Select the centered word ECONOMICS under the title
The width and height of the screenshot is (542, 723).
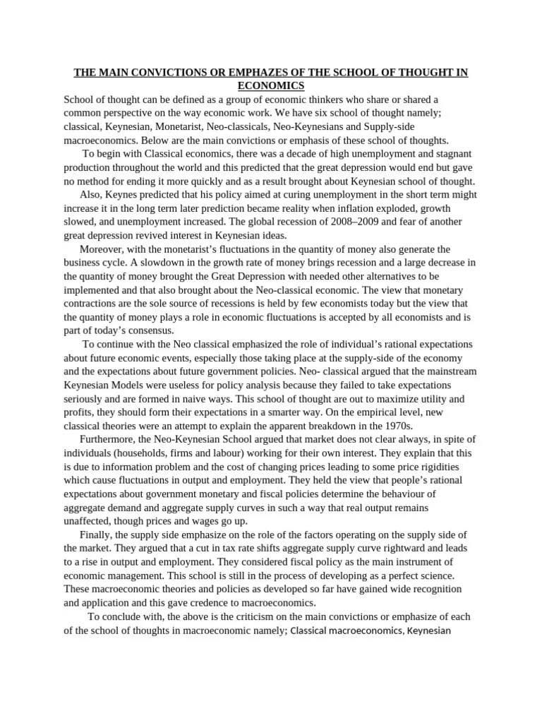[x=270, y=86]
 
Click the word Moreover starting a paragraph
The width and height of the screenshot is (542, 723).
[x=102, y=250]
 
